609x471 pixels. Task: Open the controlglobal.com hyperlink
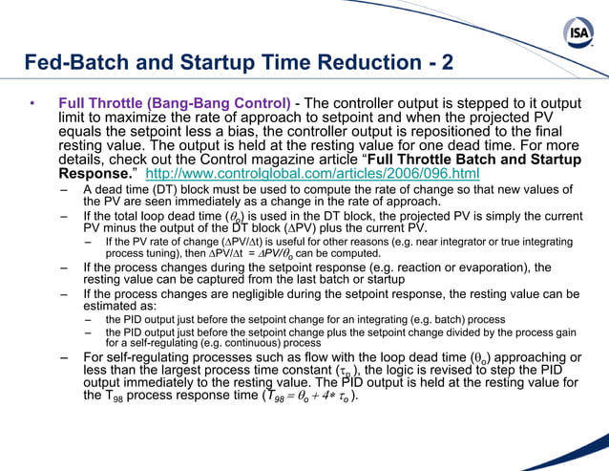311,175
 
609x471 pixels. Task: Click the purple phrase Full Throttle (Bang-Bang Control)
175,102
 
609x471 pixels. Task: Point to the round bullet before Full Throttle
31,102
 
